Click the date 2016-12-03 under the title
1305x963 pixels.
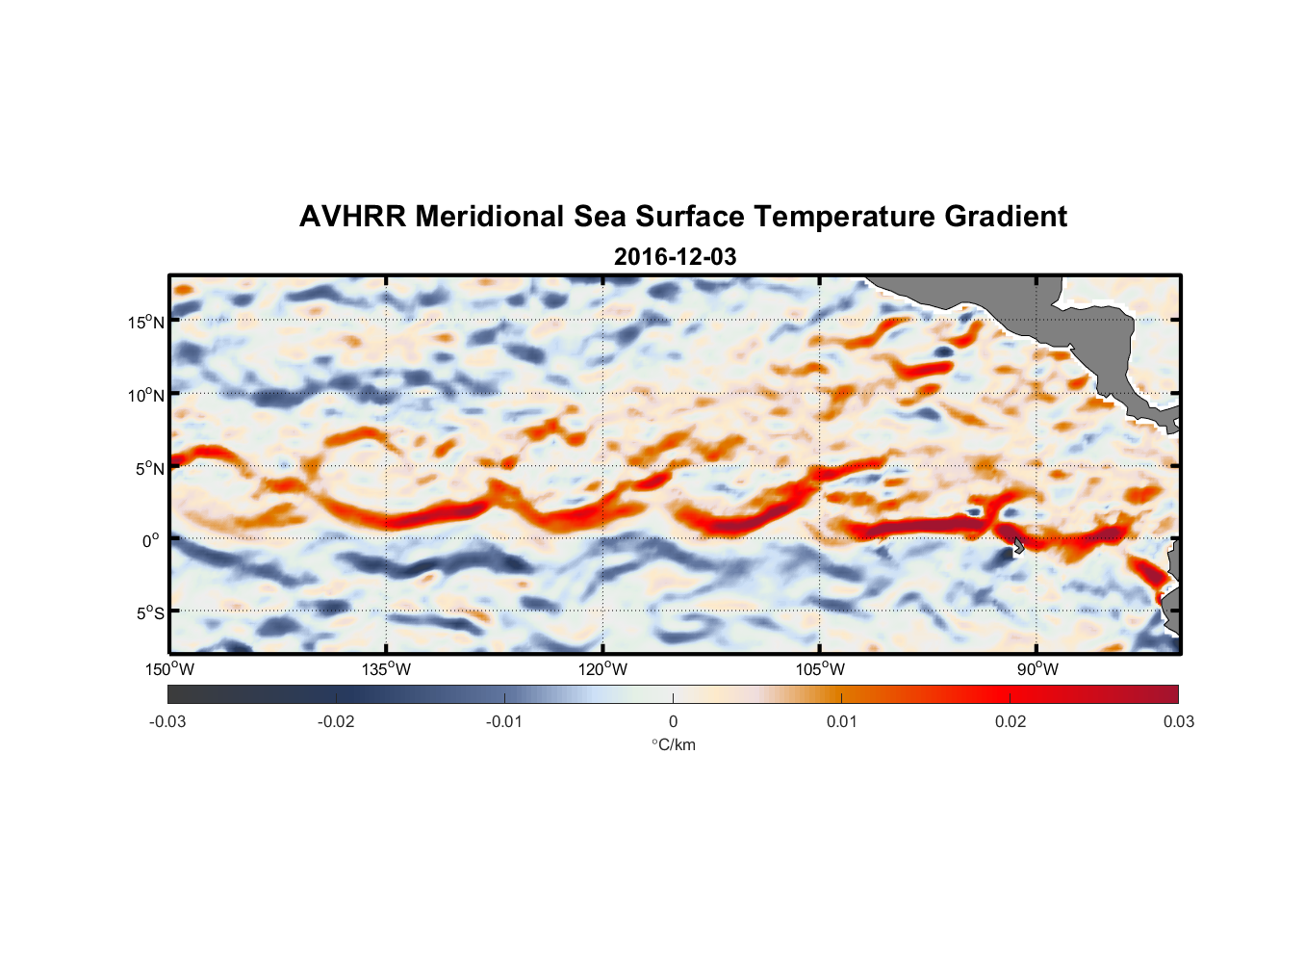click(x=675, y=257)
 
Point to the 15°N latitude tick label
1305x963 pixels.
click(x=146, y=322)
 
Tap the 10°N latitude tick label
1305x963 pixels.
click(x=146, y=395)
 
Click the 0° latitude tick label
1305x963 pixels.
click(x=151, y=541)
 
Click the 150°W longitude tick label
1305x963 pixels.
click(x=170, y=669)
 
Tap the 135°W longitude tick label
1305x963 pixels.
click(x=387, y=669)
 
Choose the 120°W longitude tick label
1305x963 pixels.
click(x=603, y=669)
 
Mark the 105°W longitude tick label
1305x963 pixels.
click(x=820, y=669)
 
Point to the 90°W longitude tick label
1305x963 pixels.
click(x=1037, y=669)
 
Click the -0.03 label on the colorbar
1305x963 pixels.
click(x=167, y=721)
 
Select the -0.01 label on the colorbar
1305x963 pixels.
click(x=504, y=721)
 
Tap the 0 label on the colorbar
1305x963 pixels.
click(x=673, y=721)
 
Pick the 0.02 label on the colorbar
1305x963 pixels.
click(x=1011, y=721)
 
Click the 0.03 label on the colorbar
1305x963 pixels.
click(x=1178, y=721)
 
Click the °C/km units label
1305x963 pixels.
click(x=673, y=744)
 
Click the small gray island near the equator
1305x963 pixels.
click(x=1017, y=546)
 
